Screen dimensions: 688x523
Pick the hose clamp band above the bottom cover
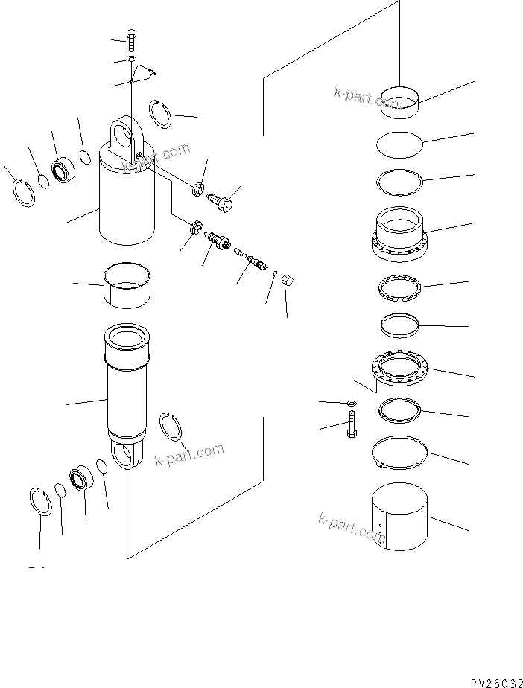(x=402, y=451)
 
